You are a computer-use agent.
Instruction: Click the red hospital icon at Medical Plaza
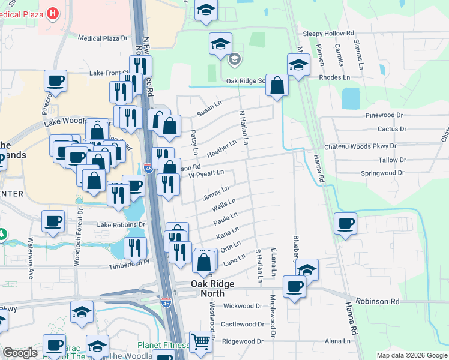pos(53,12)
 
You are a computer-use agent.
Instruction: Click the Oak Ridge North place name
pos(208,289)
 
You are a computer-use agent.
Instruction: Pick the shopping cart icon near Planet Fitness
pos(201,341)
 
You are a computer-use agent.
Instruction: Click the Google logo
pos(20,353)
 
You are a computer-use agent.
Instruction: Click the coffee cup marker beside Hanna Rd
pos(345,224)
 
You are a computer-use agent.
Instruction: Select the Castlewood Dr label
pos(243,324)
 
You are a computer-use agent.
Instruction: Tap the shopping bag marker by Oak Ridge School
pos(277,85)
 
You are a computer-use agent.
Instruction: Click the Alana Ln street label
pos(337,341)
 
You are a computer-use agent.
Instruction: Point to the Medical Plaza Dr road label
pos(103,38)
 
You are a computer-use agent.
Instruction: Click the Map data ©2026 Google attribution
pos(411,355)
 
